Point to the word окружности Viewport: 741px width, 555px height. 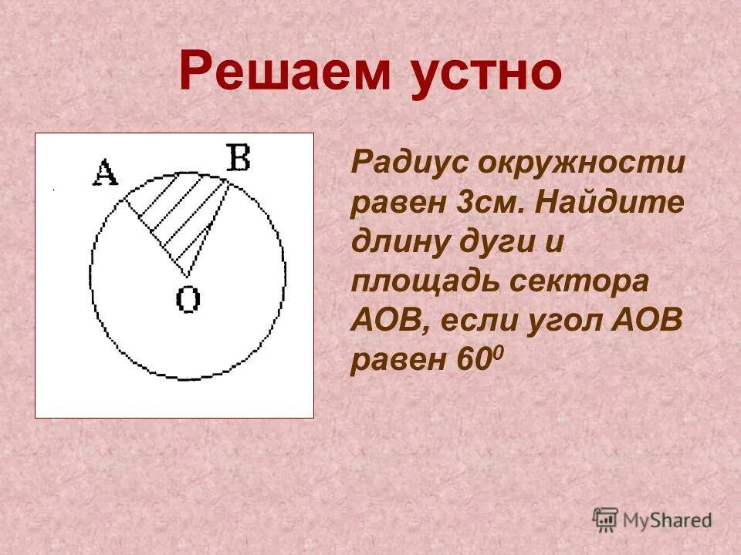(x=580, y=163)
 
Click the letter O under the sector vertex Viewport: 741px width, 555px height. (x=188, y=298)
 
